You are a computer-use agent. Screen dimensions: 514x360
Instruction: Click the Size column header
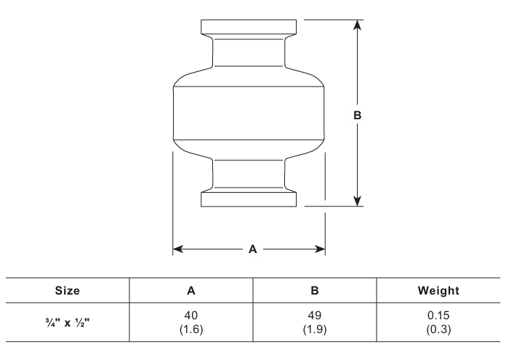pos(67,290)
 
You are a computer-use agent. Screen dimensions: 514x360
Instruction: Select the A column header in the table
pos(191,290)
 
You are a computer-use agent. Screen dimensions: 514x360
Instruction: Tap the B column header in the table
pos(315,290)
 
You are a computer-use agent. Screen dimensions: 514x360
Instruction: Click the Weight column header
pos(438,290)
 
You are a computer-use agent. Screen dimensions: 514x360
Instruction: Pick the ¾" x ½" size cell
pos(68,323)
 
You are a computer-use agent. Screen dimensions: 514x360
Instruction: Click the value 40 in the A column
pos(191,316)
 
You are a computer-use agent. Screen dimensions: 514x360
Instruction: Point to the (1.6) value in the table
pos(191,329)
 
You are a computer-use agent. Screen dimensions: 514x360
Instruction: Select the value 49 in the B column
pos(315,316)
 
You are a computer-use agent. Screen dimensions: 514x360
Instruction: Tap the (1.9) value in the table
pos(315,329)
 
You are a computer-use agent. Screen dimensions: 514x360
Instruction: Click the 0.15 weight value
pos(438,316)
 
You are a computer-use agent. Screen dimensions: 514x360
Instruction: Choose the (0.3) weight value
pos(438,329)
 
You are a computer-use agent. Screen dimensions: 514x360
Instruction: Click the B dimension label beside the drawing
pos(357,115)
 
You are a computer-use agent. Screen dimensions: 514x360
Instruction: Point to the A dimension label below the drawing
pos(252,249)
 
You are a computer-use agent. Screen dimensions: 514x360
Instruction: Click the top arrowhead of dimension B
pos(357,25)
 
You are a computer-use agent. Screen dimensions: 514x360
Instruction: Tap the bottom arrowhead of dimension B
pos(357,201)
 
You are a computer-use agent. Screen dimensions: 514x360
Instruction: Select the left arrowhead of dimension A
pos(178,249)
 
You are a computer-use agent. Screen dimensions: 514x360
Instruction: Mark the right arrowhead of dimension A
pos(320,249)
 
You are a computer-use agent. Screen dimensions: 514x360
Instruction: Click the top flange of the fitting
pos(249,27)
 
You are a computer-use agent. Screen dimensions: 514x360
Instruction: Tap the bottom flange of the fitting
pos(249,199)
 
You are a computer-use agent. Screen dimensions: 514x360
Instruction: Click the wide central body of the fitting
pos(249,113)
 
